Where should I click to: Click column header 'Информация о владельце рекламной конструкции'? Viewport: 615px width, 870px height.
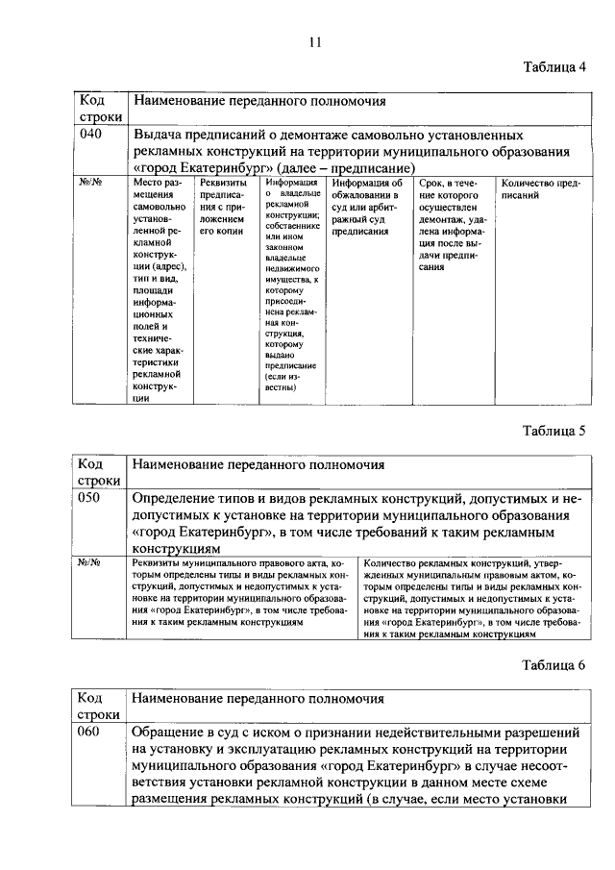tap(291, 285)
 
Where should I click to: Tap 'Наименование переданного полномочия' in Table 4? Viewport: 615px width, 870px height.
tap(258, 100)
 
